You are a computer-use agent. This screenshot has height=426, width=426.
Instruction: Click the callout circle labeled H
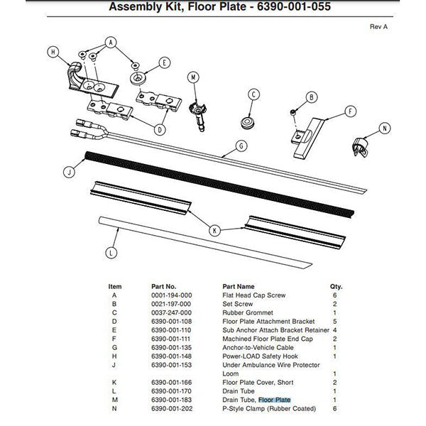(53, 50)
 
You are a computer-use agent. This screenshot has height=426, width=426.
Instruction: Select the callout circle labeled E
(164, 62)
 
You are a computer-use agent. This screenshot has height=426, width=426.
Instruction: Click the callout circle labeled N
(384, 129)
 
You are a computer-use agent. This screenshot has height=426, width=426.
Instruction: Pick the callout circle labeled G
(241, 146)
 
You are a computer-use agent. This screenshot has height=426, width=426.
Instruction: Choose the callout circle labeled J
(69, 171)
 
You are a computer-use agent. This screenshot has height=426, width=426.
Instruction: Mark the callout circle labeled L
(109, 251)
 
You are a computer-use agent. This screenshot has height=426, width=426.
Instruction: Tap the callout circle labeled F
(349, 111)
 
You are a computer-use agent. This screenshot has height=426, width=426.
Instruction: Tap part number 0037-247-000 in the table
(171, 312)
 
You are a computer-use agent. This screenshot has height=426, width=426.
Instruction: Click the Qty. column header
(336, 286)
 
